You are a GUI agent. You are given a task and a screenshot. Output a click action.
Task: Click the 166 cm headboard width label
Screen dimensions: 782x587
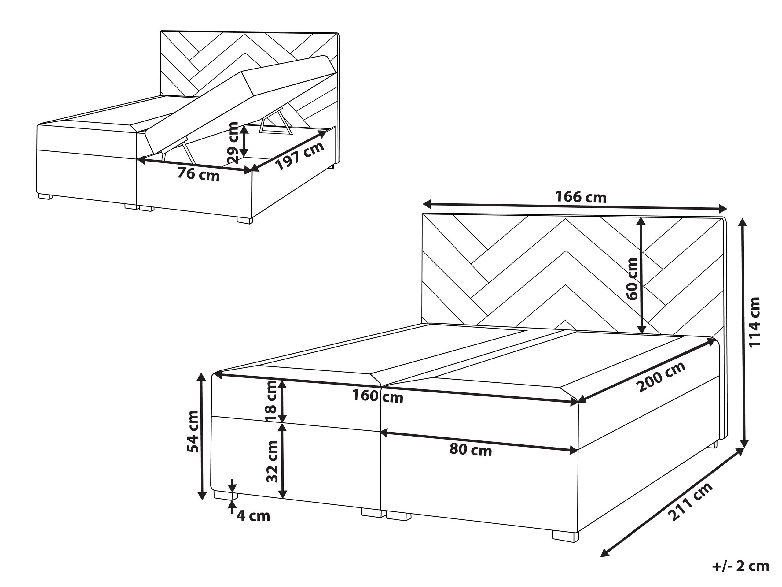pyautogui.click(x=581, y=197)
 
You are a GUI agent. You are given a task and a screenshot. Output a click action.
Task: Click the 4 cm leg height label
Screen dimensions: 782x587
pyautogui.click(x=253, y=516)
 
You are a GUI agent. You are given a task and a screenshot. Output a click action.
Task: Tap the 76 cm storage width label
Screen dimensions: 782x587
pyautogui.click(x=199, y=174)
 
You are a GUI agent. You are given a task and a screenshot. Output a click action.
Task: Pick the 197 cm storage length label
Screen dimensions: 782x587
pyautogui.click(x=299, y=156)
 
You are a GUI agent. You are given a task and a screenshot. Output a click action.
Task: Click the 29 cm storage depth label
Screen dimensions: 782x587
pyautogui.click(x=233, y=143)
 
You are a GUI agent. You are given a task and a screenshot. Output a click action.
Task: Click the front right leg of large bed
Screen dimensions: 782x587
pyautogui.click(x=566, y=536)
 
